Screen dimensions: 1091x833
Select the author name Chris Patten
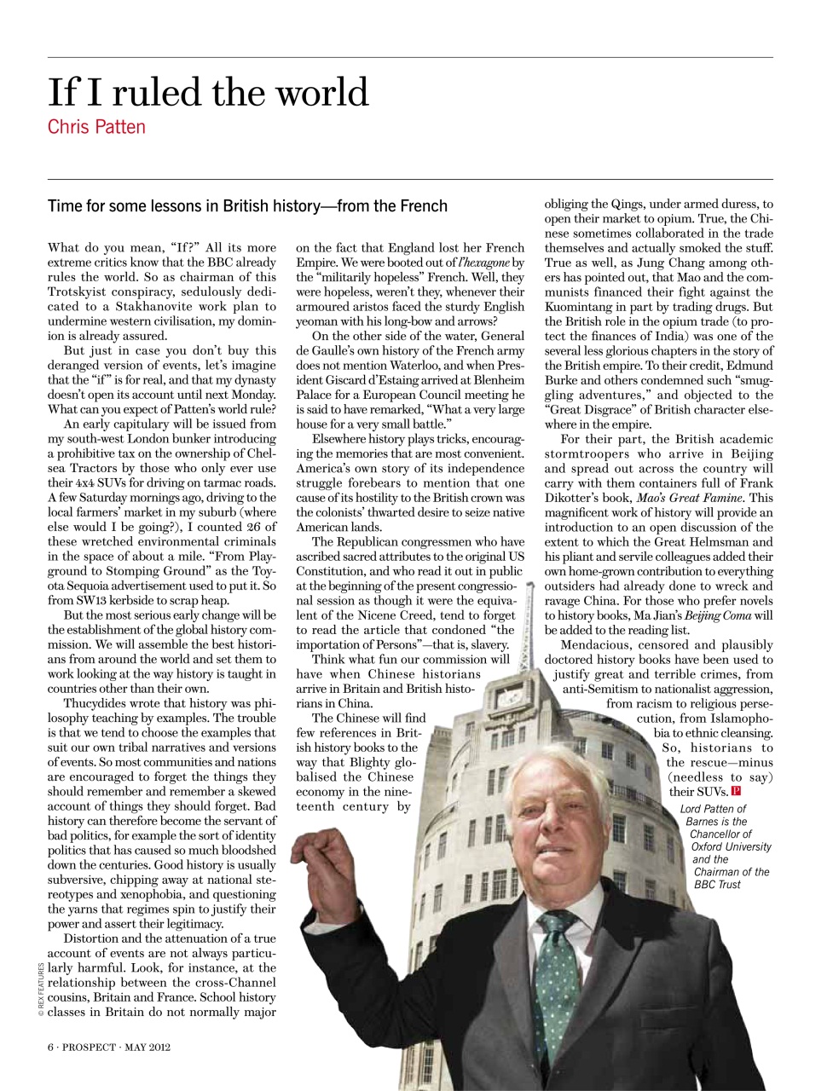pyautogui.click(x=96, y=128)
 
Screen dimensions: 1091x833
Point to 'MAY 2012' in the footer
pyautogui.click(x=148, y=1048)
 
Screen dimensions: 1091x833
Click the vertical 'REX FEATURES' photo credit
pyautogui.click(x=38, y=990)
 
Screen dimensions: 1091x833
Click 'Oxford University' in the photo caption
pyautogui.click(x=730, y=846)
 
